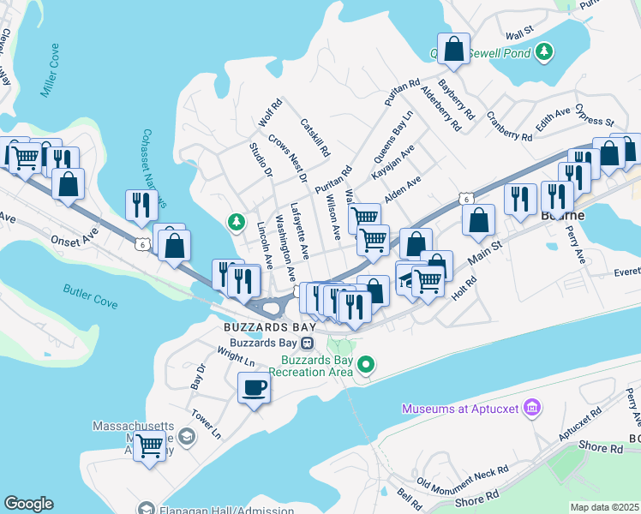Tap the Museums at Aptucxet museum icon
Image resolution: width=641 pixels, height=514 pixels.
[x=530, y=406]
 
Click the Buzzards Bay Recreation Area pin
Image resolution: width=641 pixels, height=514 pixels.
[x=367, y=366]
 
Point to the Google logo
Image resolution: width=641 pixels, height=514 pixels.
[x=28, y=504]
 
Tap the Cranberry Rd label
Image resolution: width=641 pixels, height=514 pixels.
[x=509, y=126]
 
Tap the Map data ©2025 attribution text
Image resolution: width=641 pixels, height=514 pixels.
[x=605, y=507]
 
